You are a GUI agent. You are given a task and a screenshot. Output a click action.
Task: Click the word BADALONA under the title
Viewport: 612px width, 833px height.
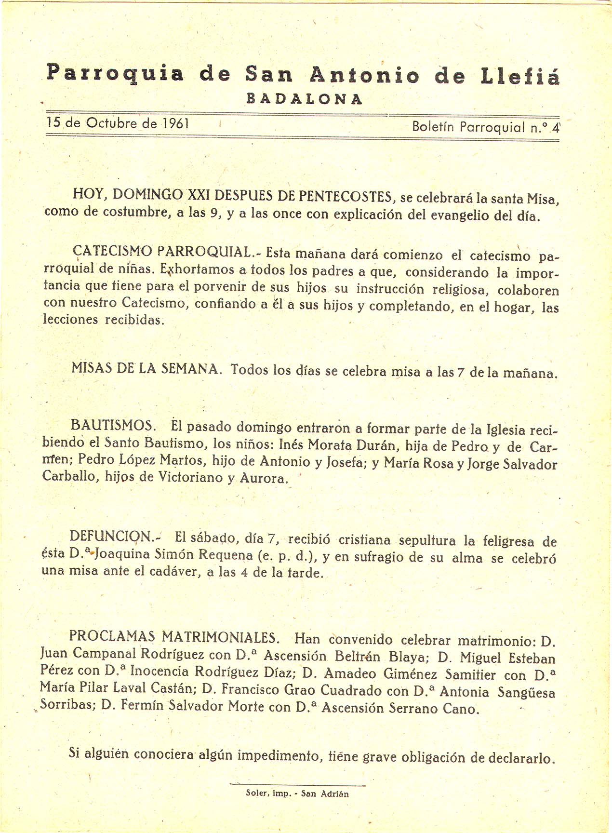coord(304,99)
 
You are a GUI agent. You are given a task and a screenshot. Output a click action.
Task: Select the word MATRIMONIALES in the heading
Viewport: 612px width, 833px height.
coord(220,637)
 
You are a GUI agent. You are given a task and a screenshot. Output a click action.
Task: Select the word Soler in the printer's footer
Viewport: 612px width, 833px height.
coord(256,793)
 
